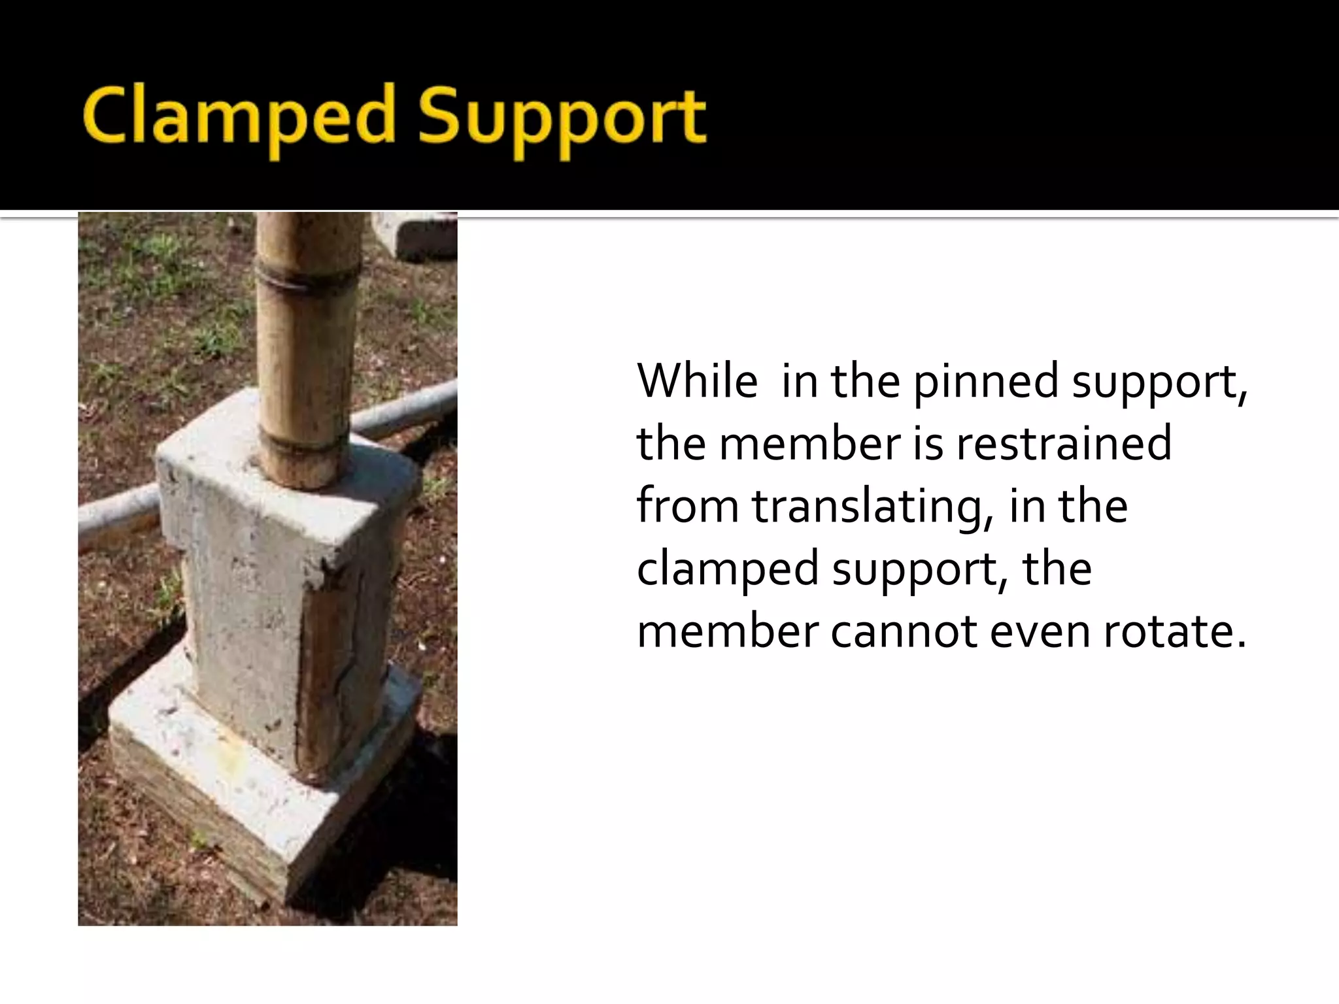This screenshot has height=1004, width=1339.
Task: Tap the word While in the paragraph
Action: [697, 381]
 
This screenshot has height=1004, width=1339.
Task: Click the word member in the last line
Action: [727, 632]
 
